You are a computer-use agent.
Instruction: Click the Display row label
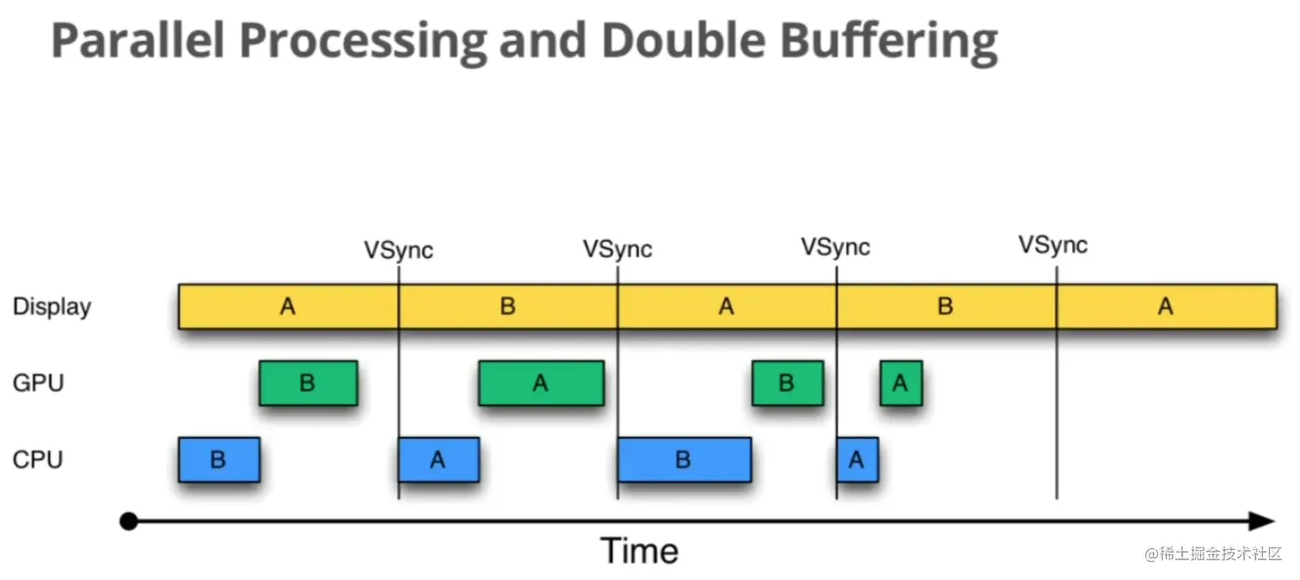52,308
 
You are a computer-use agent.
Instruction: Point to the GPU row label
38,382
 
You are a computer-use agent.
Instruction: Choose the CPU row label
38,460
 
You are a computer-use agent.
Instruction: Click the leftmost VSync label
398,251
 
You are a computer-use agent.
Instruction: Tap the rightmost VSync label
1053,246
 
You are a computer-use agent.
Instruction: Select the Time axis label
639,551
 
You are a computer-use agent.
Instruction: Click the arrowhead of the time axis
1261,522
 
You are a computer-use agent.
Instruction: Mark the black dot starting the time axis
129,522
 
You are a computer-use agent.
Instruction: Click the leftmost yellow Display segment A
288,307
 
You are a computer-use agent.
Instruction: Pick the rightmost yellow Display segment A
1165,307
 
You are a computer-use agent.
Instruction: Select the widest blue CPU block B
684,460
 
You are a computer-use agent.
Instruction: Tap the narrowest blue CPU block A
856,460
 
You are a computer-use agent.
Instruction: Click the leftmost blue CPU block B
218,460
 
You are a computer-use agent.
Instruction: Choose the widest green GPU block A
541,383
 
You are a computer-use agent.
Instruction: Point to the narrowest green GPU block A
900,383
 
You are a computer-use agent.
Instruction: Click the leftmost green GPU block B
308,383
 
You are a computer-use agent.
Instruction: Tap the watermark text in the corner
1213,554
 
